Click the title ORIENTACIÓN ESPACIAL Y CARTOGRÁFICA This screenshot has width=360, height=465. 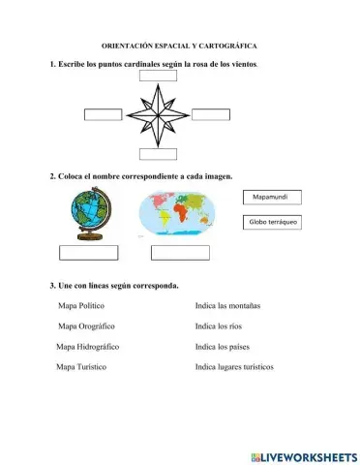click(x=180, y=46)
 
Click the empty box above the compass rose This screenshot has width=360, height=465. click(x=158, y=76)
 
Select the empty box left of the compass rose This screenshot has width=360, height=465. click(x=103, y=115)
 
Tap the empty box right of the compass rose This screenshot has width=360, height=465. click(x=210, y=115)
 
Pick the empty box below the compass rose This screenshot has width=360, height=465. click(x=158, y=153)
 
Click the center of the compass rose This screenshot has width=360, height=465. click(x=157, y=114)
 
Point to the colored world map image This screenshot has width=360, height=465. click(x=179, y=214)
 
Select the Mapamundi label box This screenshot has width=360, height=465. click(x=272, y=198)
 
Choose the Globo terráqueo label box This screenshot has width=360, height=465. click(x=272, y=222)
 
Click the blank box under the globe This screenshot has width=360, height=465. click(x=88, y=253)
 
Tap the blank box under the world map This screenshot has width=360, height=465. click(x=180, y=253)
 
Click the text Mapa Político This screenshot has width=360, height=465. click(x=81, y=305)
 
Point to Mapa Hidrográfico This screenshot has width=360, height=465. click(x=87, y=346)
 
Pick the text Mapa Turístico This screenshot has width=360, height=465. click(x=81, y=367)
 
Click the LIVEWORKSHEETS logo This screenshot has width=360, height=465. click(x=303, y=455)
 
